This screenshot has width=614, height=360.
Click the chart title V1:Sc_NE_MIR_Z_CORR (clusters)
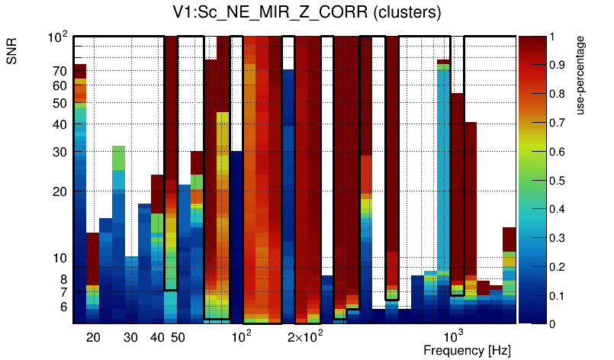point(307,13)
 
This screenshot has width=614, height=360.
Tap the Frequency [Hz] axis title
point(467,350)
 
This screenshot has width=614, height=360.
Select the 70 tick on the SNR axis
point(59,71)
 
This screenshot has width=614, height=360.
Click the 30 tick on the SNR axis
point(59,152)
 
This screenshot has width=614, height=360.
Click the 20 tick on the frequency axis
point(93,337)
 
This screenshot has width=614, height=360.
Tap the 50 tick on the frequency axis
point(178,337)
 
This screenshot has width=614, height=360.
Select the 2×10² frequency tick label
point(305,336)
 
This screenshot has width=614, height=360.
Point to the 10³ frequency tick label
point(454,336)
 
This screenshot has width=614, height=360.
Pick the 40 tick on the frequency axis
point(157,337)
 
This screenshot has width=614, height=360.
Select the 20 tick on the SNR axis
point(59,191)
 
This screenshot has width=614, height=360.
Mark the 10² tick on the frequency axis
point(242,336)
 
